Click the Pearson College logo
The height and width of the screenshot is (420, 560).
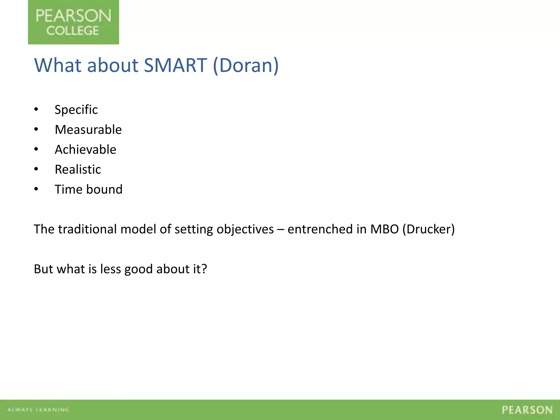coord(73,22)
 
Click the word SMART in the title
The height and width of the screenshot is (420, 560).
coord(175,65)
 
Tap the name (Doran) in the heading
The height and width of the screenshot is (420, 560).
coord(246,65)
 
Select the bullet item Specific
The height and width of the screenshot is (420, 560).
coord(76,110)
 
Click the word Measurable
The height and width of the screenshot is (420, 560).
coord(88,130)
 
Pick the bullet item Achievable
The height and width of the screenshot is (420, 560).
coord(85,150)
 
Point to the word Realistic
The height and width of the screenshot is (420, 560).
coord(78,170)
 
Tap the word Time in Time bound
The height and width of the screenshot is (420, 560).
coord(68,189)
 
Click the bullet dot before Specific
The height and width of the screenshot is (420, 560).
coord(36,110)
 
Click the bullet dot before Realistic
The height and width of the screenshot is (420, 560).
coord(36,169)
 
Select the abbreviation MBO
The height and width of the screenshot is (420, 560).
coord(384,229)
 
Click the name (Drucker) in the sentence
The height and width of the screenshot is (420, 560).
coord(428,229)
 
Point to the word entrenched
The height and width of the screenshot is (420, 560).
coord(320,229)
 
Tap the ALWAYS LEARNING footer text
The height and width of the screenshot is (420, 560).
coord(38,410)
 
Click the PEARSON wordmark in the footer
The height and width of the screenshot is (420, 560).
coord(527,410)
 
